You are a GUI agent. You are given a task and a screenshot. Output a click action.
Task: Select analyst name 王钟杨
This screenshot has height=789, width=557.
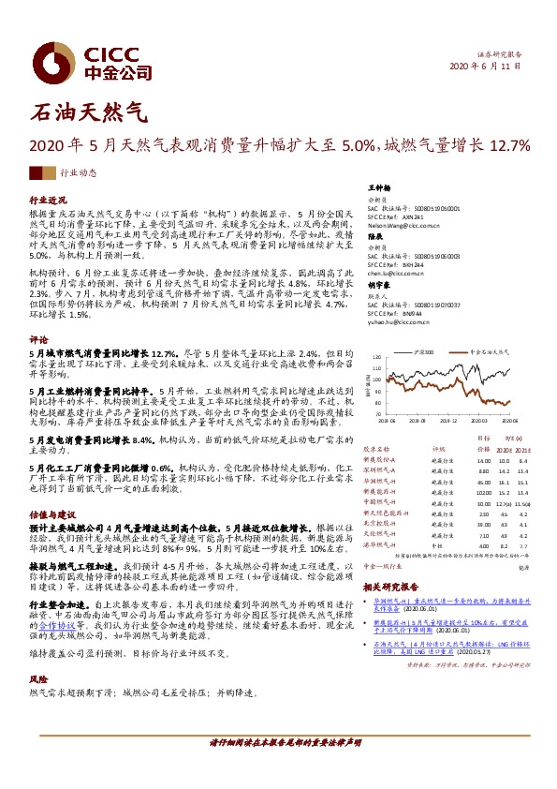(x=379, y=188)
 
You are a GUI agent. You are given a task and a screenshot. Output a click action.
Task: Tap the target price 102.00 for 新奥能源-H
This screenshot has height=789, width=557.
(x=483, y=491)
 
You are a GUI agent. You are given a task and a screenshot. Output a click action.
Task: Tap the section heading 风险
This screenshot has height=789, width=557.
(x=38, y=704)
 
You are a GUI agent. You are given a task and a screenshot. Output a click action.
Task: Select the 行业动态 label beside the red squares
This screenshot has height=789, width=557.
(x=78, y=173)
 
